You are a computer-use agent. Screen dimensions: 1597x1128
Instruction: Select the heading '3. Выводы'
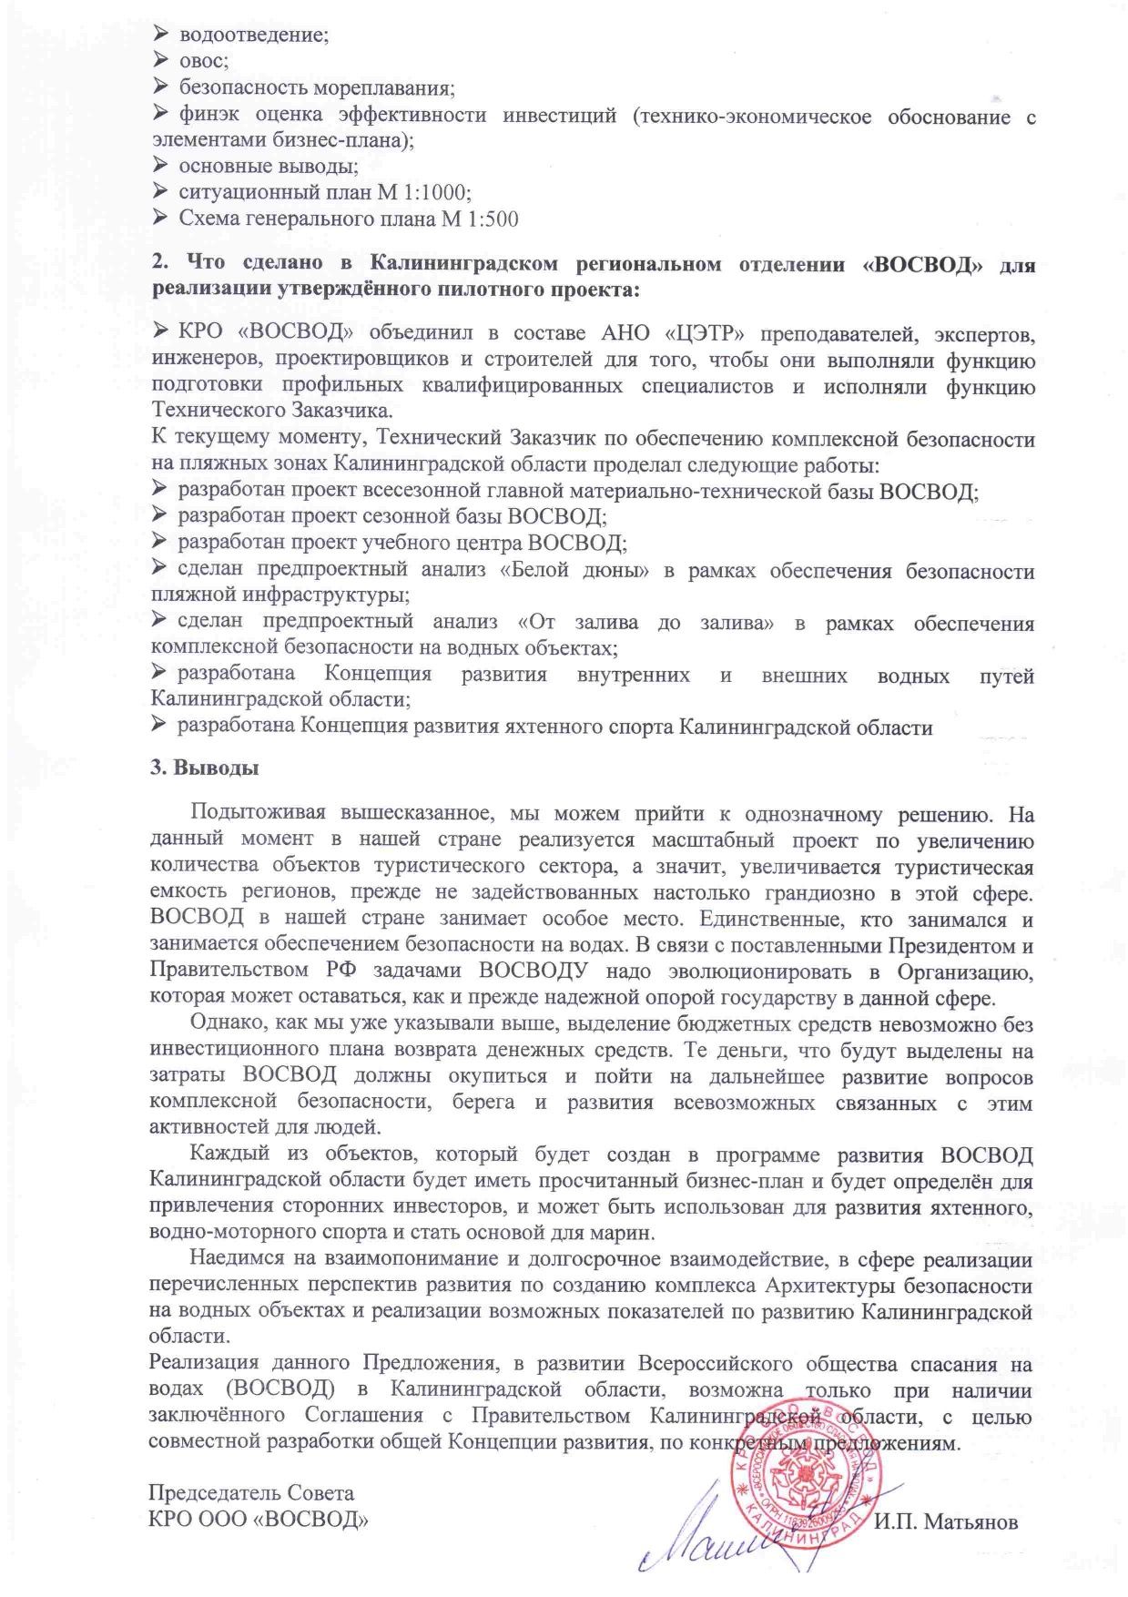pyautogui.click(x=204, y=768)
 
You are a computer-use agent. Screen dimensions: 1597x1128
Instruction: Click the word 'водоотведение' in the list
pyautogui.click(x=252, y=36)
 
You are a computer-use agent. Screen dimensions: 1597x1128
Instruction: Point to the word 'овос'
pyautogui.click(x=202, y=62)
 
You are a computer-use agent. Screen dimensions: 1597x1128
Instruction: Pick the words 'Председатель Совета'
pyautogui.click(x=251, y=1493)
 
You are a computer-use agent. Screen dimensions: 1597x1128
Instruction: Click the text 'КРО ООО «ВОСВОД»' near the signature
pyautogui.click(x=259, y=1520)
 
